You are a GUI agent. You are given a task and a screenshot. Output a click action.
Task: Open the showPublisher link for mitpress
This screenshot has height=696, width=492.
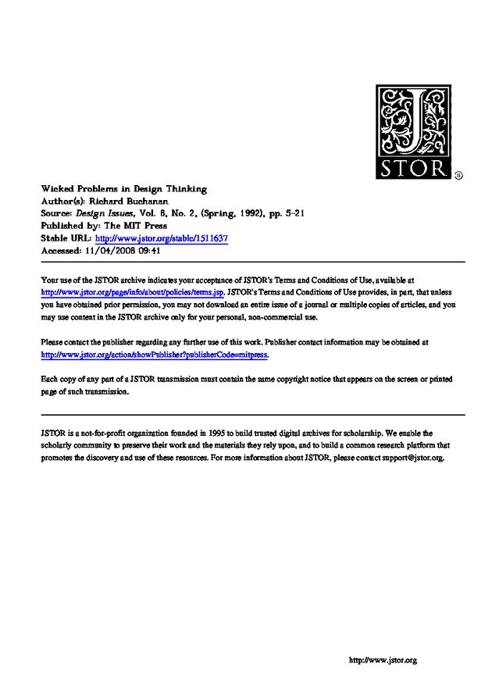(154, 354)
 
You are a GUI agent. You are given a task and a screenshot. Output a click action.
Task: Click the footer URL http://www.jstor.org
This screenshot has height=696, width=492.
(382, 661)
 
